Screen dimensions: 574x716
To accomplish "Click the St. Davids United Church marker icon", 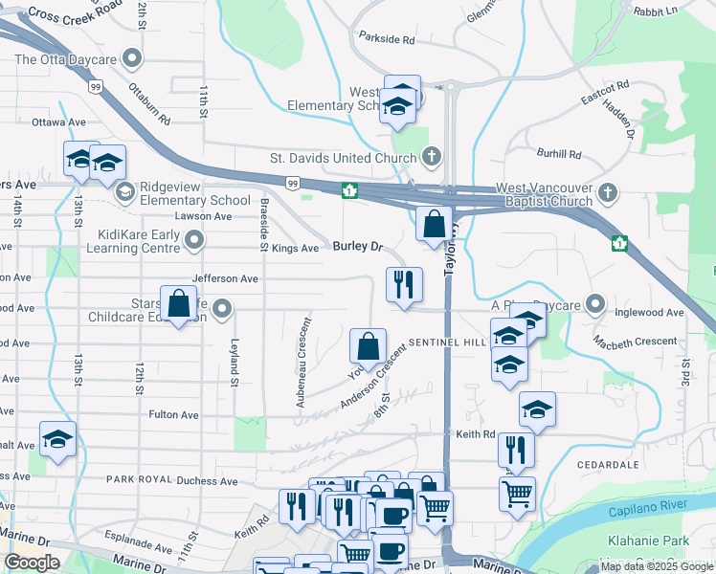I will coord(432,156).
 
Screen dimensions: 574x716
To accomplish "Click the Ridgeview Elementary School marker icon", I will coord(123,193).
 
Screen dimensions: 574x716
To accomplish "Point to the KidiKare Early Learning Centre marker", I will coord(194,241).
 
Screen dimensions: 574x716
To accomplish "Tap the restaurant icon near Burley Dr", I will coord(403,283).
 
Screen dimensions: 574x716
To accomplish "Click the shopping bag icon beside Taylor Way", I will coord(434,226).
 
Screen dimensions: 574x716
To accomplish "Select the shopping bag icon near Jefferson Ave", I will coord(178,303).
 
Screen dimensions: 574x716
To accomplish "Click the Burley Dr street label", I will coord(357,247).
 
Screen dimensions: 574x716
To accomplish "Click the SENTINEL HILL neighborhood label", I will coord(448,342).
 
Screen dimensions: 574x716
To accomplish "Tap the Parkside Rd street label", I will coord(387,40).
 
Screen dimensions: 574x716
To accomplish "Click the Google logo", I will coord(32,563).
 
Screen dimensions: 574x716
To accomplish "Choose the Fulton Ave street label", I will coord(174,415).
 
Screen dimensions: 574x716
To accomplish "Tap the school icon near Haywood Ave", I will coord(57,440).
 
